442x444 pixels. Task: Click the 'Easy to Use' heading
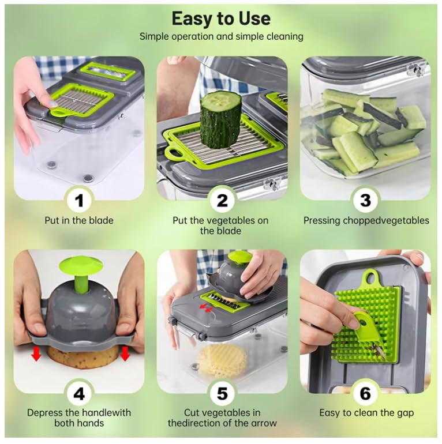click(x=221, y=18)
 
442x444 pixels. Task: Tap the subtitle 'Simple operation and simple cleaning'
click(x=221, y=36)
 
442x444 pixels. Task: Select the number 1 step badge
click(x=79, y=201)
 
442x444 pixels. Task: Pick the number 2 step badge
click(x=222, y=201)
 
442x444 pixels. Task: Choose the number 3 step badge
click(x=365, y=201)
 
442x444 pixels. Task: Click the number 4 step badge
click(x=79, y=394)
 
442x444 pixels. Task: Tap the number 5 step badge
click(x=222, y=394)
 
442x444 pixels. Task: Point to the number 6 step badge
click(x=365, y=394)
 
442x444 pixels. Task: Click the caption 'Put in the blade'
click(x=79, y=220)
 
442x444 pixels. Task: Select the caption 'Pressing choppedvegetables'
click(x=366, y=221)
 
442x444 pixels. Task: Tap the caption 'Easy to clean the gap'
click(x=366, y=413)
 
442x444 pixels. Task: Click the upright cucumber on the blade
click(x=221, y=116)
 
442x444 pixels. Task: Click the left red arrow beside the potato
click(x=36, y=353)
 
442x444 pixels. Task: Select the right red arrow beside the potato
click(x=125, y=353)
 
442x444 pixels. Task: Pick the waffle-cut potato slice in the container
click(x=222, y=361)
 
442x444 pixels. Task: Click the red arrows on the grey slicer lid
click(x=206, y=308)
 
